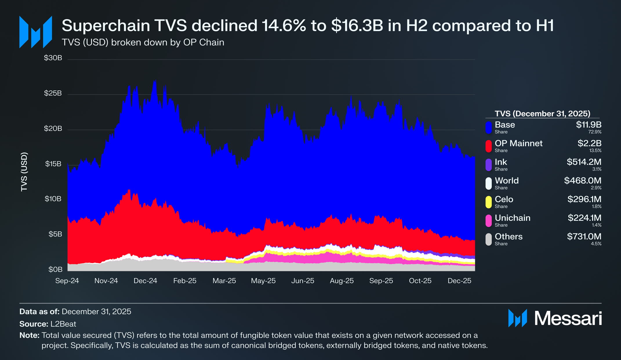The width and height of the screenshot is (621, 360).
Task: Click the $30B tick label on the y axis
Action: click(x=53, y=58)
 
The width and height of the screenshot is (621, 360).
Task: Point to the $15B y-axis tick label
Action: click(x=53, y=164)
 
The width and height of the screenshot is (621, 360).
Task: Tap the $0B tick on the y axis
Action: click(x=55, y=269)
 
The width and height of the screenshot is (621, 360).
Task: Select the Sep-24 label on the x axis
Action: click(x=67, y=281)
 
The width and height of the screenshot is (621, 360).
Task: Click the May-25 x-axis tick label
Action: click(x=263, y=281)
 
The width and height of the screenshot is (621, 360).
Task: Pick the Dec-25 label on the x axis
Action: click(x=460, y=281)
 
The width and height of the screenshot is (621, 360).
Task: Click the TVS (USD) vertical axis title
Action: click(x=24, y=172)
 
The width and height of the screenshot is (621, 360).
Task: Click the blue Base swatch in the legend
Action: click(x=489, y=127)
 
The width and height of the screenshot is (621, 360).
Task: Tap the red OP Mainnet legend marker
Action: click(x=489, y=146)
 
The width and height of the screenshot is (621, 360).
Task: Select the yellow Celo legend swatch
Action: click(x=489, y=202)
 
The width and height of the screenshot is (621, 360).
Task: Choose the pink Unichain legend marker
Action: click(x=489, y=221)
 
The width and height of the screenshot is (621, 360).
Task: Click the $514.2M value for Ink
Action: click(x=584, y=162)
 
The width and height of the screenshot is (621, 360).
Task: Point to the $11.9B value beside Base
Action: click(x=589, y=125)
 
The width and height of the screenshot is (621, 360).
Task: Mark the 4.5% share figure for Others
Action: click(x=596, y=244)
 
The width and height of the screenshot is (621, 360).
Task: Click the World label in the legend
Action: click(x=506, y=181)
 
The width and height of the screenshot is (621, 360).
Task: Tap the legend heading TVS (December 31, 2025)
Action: click(x=542, y=113)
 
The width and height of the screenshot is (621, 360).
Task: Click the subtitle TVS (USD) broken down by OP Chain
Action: click(x=143, y=42)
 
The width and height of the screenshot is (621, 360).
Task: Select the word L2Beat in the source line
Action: click(x=63, y=324)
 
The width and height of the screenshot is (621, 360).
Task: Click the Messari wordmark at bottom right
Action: click(x=568, y=319)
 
